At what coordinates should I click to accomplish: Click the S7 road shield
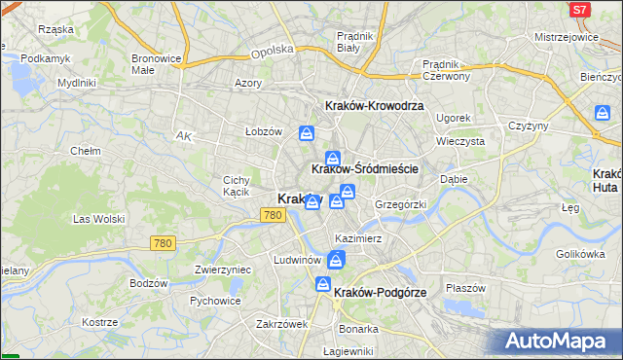tap(580, 10)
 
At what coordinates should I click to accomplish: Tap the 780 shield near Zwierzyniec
tap(164, 242)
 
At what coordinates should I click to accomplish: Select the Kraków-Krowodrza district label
tap(374, 105)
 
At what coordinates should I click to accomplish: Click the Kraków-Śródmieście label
tap(364, 168)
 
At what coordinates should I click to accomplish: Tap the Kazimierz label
tap(357, 238)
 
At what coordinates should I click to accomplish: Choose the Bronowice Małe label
tap(157, 63)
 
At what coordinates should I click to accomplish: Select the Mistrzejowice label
tap(566, 36)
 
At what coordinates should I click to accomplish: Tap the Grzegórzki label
tap(400, 204)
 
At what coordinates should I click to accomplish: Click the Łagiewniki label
tap(348, 350)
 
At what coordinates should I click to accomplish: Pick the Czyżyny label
tap(529, 126)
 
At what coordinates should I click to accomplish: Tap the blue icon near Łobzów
tap(307, 132)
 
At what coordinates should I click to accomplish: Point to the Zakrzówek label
tap(282, 324)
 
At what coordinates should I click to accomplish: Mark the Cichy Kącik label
tap(237, 185)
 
